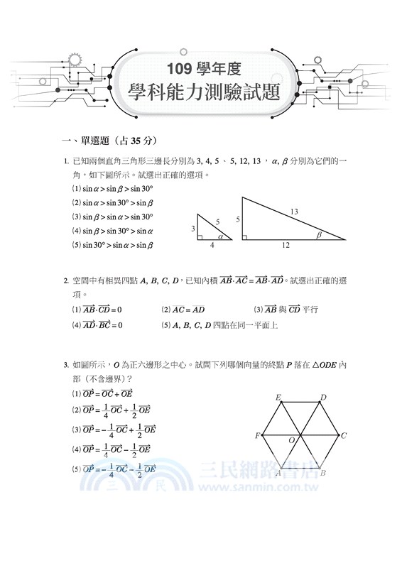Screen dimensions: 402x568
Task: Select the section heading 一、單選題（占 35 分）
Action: coord(109,139)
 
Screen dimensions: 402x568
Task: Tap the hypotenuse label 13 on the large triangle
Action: coord(293,211)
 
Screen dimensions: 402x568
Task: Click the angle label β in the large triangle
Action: coord(319,234)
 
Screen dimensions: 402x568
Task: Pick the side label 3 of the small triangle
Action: coord(192,228)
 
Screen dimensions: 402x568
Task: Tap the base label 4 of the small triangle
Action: coord(212,246)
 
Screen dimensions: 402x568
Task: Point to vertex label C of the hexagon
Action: coord(344,435)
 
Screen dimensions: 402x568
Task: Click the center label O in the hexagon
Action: coord(291,441)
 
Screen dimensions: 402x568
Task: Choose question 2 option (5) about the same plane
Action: coord(219,325)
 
